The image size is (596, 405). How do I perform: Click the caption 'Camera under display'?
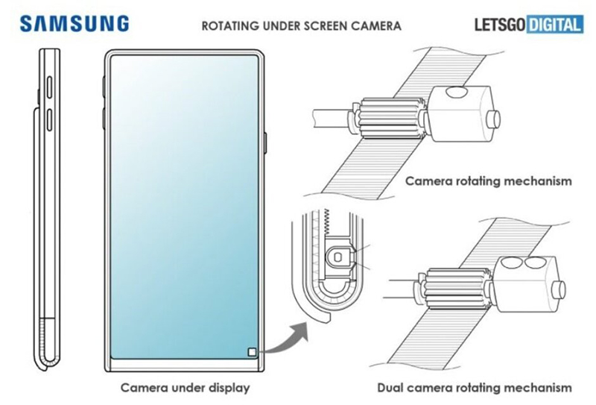point(185,388)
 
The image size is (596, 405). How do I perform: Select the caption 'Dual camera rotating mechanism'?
point(473,388)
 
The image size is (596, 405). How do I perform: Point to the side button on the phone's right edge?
point(266,142)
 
